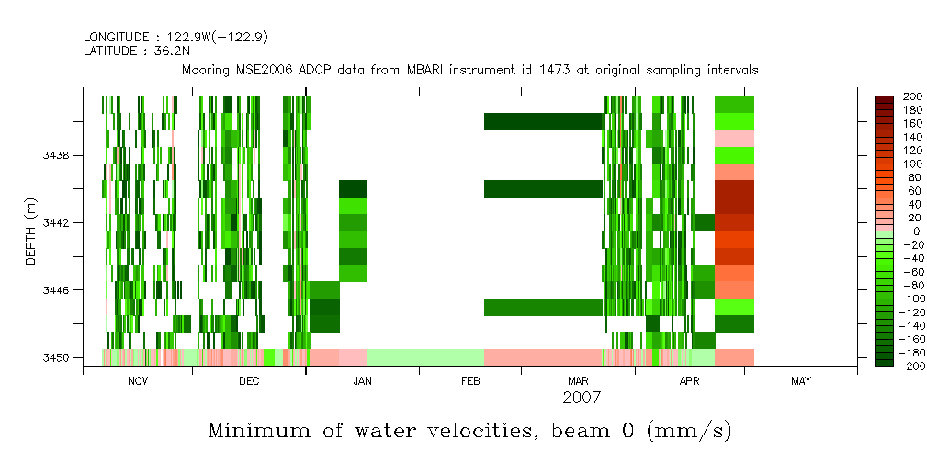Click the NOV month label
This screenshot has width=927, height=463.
[x=138, y=381]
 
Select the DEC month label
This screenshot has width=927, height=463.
[x=249, y=381]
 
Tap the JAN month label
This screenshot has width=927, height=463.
[x=362, y=381]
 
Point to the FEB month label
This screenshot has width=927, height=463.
[x=470, y=381]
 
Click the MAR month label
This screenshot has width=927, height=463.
[x=578, y=381]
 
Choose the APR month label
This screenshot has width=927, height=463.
[x=689, y=381]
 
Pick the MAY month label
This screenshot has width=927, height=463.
[x=800, y=381]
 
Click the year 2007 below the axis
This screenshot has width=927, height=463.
[x=582, y=398]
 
